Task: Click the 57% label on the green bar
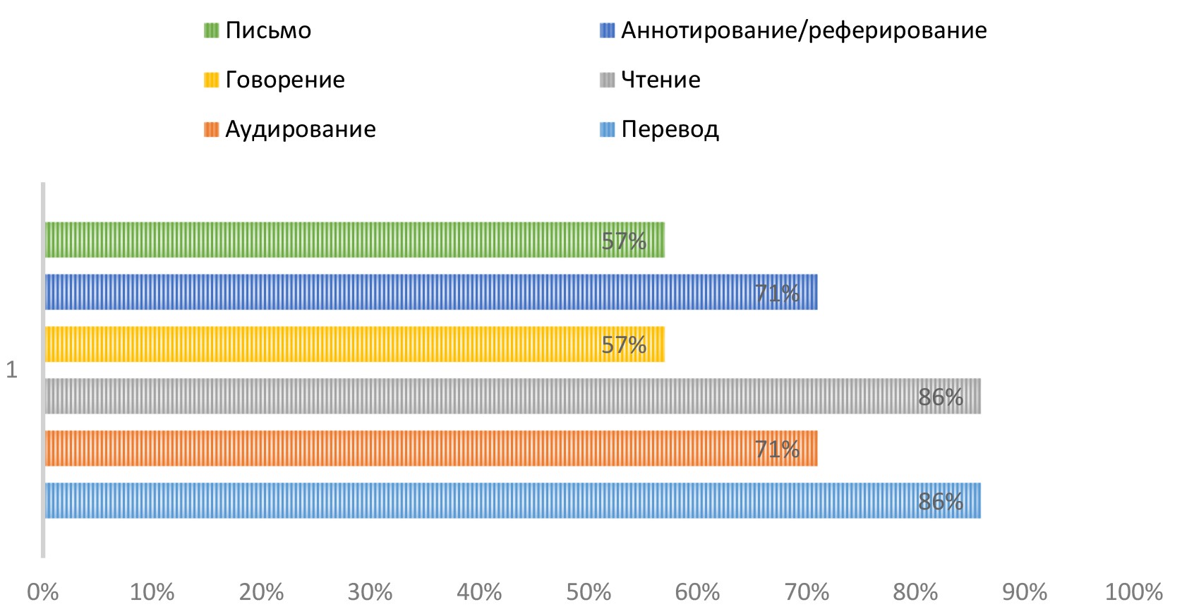pos(624,241)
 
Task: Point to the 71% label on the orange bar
pos(777,449)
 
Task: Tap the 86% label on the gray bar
pos(941,397)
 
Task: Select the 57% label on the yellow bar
pos(624,345)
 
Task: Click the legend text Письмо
pos(268,31)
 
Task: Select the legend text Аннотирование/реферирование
pos(804,31)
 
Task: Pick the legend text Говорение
pos(285,80)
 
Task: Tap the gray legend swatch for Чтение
pos(607,80)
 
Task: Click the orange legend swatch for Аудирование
pos(211,129)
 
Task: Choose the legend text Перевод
pos(670,130)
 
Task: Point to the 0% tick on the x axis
pos(43,591)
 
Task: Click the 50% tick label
pos(589,591)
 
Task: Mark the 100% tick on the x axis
pos(1133,591)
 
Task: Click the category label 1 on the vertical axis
pos(11,370)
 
